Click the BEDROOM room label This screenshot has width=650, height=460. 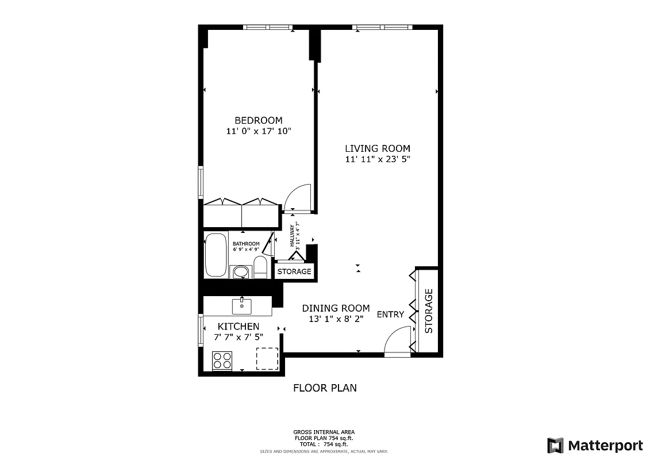click(x=258, y=120)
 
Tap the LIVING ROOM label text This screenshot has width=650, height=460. click(x=377, y=148)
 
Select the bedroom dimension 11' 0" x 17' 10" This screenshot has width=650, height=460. click(x=259, y=131)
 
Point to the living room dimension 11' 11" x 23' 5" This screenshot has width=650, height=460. click(x=377, y=159)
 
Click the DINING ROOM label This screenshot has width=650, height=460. click(x=336, y=308)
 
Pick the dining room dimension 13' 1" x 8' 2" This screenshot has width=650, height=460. click(x=336, y=319)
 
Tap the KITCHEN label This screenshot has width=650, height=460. click(x=238, y=326)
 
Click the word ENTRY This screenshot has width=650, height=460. click(x=390, y=315)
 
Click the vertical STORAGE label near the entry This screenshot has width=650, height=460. click(x=428, y=311)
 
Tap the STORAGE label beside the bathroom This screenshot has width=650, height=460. click(x=294, y=271)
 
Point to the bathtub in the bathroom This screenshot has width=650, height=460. click(x=216, y=255)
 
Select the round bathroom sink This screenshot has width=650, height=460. click(x=241, y=271)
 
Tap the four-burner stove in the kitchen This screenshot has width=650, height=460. click(x=222, y=361)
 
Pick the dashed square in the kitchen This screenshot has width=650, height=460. click(x=267, y=359)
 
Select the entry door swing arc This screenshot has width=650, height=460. click(x=398, y=339)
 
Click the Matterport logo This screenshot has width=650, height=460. click(x=595, y=445)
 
